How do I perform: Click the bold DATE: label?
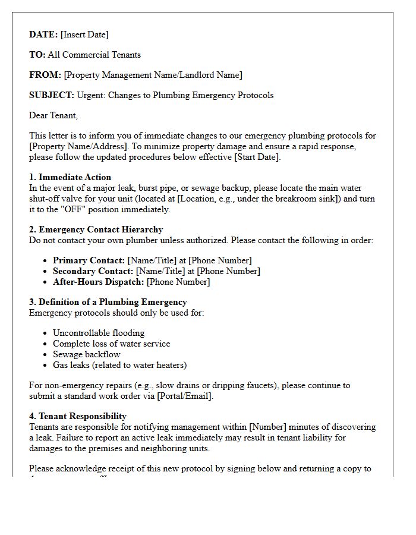[x=43, y=34]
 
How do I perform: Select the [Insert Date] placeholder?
[x=84, y=34]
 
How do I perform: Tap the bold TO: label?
[x=37, y=55]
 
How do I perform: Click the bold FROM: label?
[x=45, y=75]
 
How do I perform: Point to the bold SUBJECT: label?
[x=52, y=95]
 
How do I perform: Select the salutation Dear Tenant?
[x=53, y=115]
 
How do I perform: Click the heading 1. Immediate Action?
[x=70, y=177]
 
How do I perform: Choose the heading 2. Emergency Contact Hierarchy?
[x=96, y=229]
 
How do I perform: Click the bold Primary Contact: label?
[x=89, y=260]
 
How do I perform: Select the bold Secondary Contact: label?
[x=93, y=271]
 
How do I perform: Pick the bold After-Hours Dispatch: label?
[x=99, y=282]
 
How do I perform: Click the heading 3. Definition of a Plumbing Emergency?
[x=108, y=302]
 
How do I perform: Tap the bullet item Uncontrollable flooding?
[x=99, y=333]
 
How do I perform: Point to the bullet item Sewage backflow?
[x=87, y=354]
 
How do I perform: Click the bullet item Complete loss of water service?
[x=111, y=344]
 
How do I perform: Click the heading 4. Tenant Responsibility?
[x=78, y=416]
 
